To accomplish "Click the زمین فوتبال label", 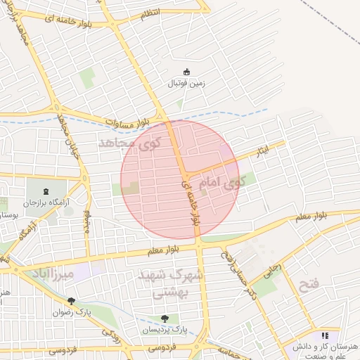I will click(186, 83).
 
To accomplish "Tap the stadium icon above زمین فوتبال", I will click(186, 71).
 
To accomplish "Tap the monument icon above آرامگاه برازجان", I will click(46, 191).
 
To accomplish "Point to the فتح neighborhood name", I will click(310, 285).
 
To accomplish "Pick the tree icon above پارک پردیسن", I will click(165, 318).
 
